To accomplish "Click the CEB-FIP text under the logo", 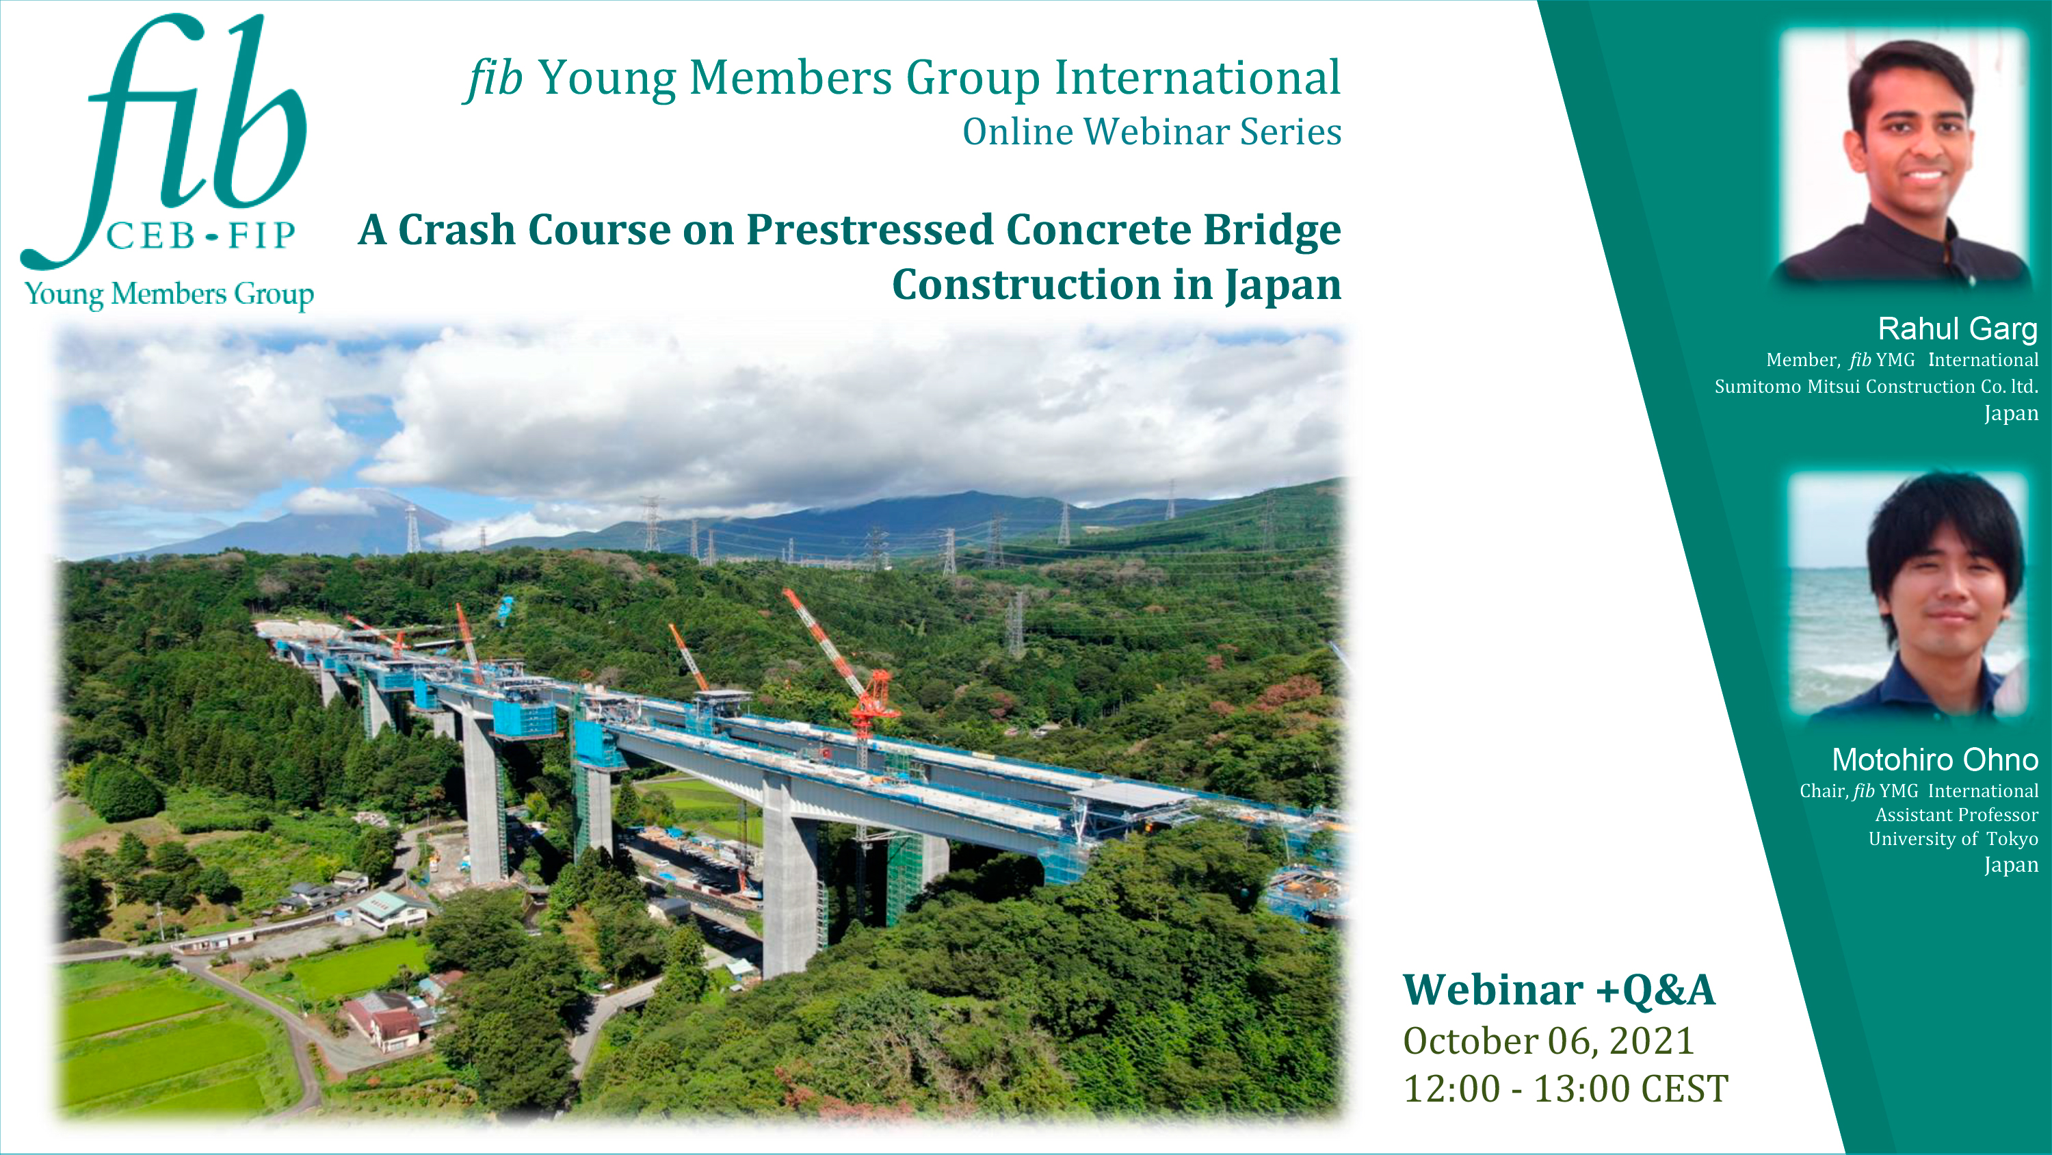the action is tap(200, 236).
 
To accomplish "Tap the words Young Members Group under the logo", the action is tap(169, 294).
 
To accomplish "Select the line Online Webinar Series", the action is tap(1152, 131).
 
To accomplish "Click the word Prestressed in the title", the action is tap(870, 231).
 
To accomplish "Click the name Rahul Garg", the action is tap(1957, 328).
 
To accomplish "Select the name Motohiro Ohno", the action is tap(1935, 760).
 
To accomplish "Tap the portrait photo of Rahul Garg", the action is tap(1904, 155).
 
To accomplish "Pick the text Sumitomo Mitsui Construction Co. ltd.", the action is tap(1876, 387).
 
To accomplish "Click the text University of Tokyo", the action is tap(1954, 839).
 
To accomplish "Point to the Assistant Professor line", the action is tap(1956, 815).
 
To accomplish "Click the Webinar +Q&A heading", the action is tap(1559, 991).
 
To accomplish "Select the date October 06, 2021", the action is tap(1549, 1041).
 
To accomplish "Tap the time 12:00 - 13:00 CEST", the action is tap(1565, 1089).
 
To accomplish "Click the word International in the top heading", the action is tap(1198, 78).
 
